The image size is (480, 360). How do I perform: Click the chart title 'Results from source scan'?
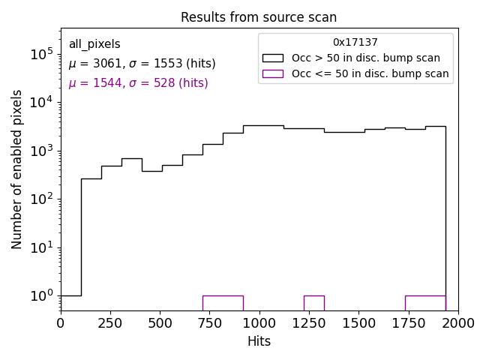coord(259,17)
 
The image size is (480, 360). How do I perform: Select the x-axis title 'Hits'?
coord(259,341)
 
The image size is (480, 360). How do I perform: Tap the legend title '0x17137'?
coord(355,43)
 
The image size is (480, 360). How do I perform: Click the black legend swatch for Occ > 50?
coord(272,58)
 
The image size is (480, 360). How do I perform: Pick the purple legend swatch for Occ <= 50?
coord(272,73)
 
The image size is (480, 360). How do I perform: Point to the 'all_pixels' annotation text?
coord(94,44)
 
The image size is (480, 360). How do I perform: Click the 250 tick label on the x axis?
coord(110,322)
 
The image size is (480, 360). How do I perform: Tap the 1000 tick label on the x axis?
coord(259,322)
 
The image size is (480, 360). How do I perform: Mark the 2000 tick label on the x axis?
coord(457,322)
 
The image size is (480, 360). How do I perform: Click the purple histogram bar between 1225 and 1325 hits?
coord(313,296)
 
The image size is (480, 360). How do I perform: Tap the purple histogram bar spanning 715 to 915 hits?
coord(223,296)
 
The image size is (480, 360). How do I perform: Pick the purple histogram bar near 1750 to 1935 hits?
coord(425,296)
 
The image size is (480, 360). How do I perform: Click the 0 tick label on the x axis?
coord(61,322)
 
